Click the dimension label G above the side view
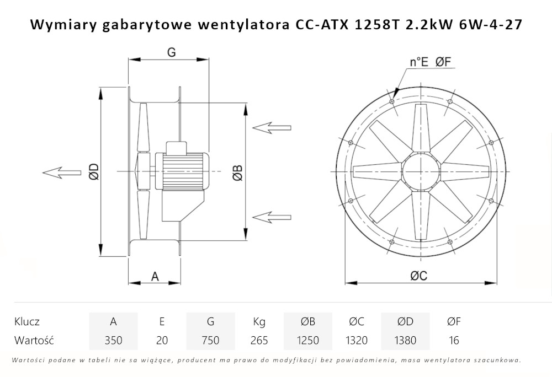[171, 52]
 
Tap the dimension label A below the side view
[155, 276]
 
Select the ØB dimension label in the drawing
[237, 172]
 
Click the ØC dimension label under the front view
[418, 277]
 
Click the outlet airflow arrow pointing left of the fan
[61, 172]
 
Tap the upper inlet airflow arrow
[271, 127]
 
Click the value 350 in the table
[113, 340]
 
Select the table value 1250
[307, 340]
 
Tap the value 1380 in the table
[405, 340]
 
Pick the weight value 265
[259, 340]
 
